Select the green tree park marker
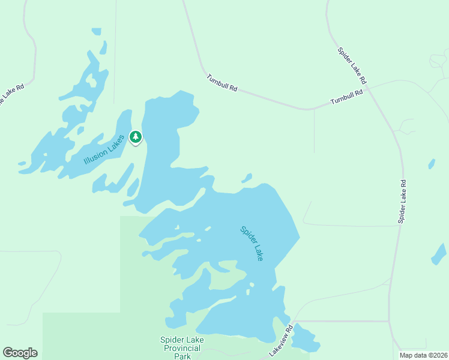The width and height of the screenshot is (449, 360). point(136,137)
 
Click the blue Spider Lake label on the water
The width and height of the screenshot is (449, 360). point(252,242)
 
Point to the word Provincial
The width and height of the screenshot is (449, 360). point(182,348)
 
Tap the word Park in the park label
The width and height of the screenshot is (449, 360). point(182,356)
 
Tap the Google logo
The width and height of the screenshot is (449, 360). point(20,353)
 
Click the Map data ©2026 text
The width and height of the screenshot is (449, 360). point(423,355)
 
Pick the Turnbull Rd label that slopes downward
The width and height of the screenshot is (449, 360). point(221,83)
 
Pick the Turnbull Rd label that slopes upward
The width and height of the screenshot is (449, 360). point(347,97)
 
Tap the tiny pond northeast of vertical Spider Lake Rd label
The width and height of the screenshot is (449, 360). point(432,163)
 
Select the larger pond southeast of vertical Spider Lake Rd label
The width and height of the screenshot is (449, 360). point(439,254)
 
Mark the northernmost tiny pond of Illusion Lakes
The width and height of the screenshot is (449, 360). point(96,31)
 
